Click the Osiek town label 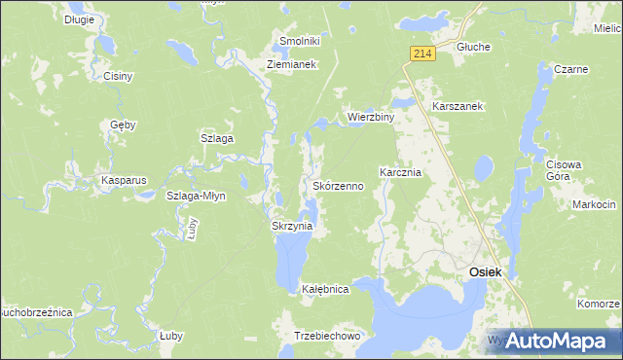point(486,272)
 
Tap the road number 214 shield point(420,54)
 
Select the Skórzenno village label point(339,185)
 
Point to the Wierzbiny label point(371,118)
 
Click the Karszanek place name point(458,105)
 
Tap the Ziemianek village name point(293,65)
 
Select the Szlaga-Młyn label point(196,196)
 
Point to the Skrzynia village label point(291,226)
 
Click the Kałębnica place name point(325,290)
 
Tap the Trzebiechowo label point(327,336)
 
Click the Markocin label point(594,204)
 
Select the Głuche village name point(473,47)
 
